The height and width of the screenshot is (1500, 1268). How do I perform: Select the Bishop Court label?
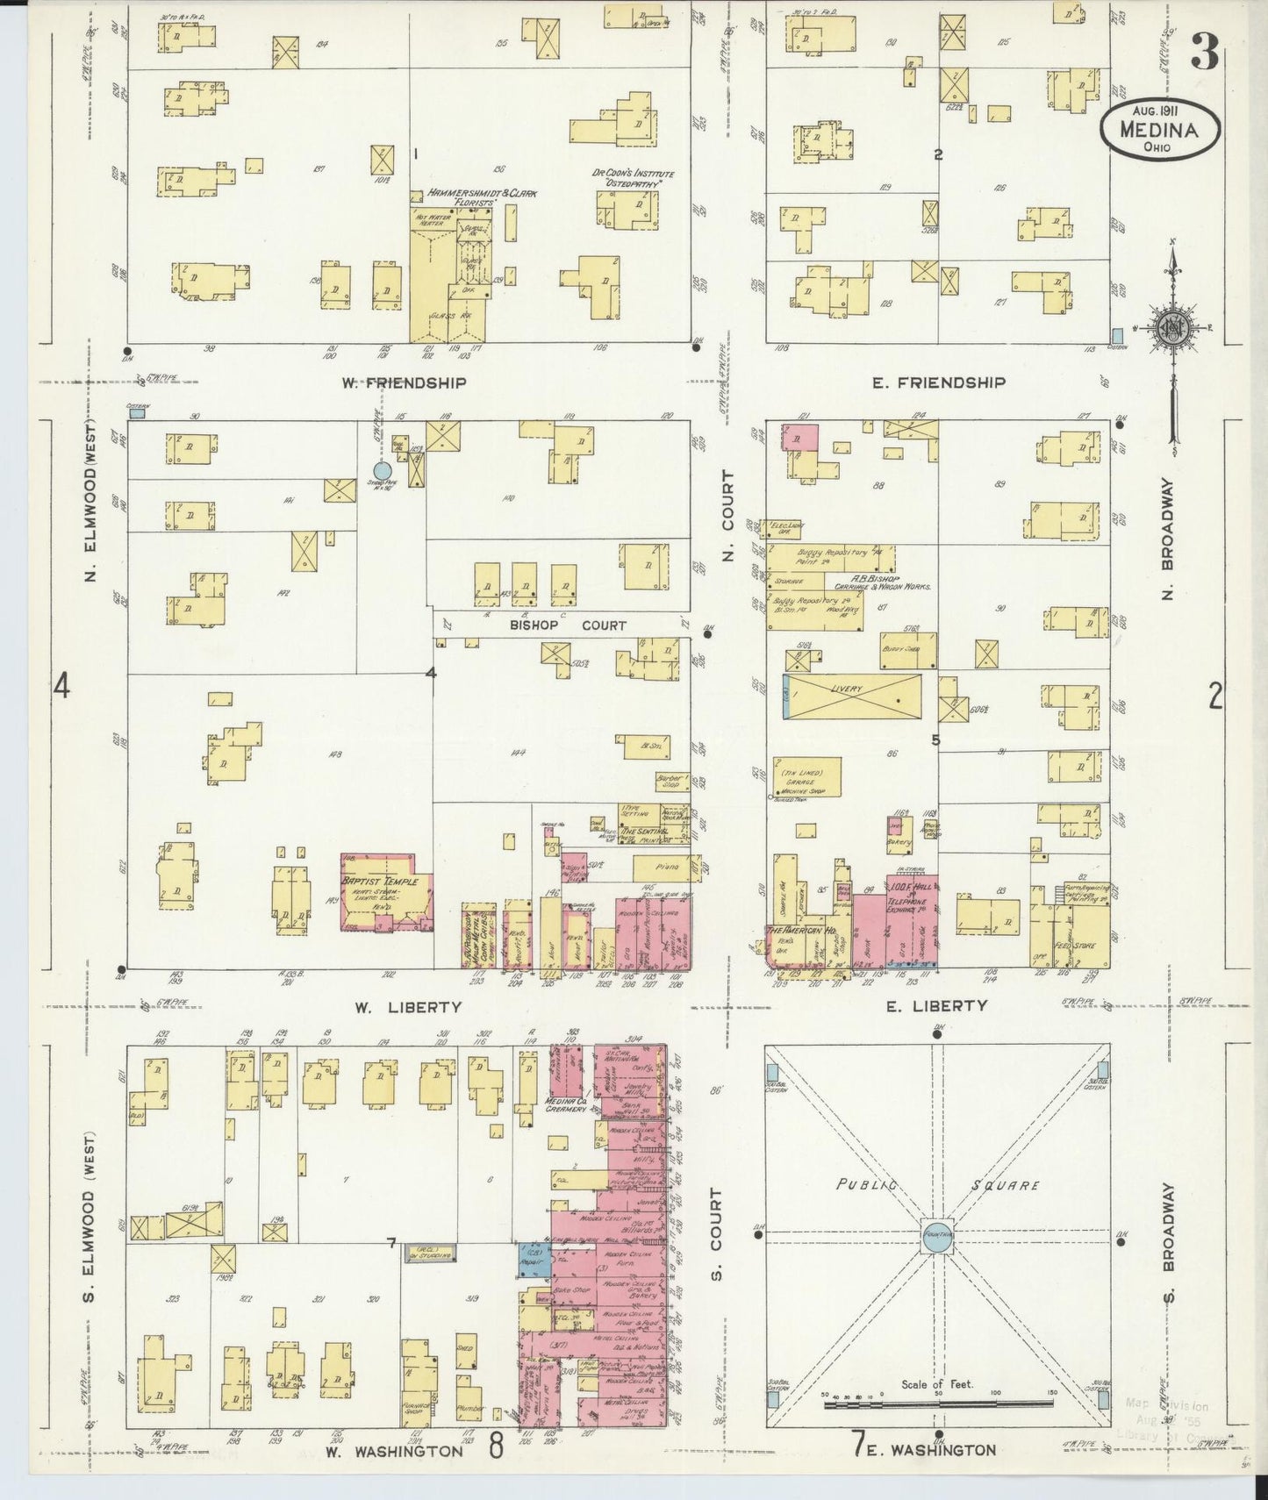568,625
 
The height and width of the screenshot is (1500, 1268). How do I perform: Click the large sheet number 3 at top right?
1205,54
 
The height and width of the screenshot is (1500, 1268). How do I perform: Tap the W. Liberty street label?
416,1008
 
